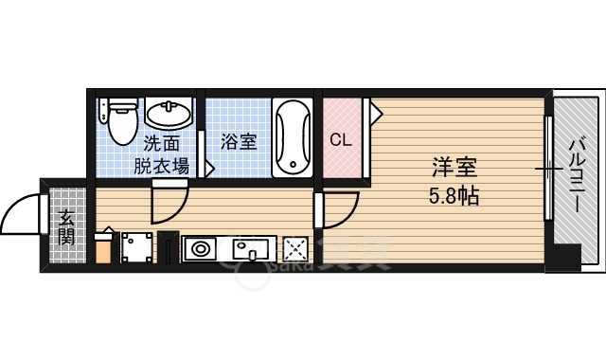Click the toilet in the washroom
(x=123, y=120)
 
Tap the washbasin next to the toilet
(x=169, y=112)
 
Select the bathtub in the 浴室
(x=293, y=137)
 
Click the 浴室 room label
(x=239, y=142)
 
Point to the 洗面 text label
(x=162, y=144)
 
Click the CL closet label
(x=341, y=140)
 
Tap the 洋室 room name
(x=454, y=167)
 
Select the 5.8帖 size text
(x=454, y=196)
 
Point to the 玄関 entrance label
(x=66, y=228)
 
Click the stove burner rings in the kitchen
(x=200, y=249)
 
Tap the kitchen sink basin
(x=250, y=249)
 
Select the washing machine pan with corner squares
(x=137, y=248)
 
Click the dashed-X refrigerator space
(x=295, y=249)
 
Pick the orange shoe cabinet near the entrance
(x=103, y=248)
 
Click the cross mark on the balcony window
(x=549, y=169)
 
